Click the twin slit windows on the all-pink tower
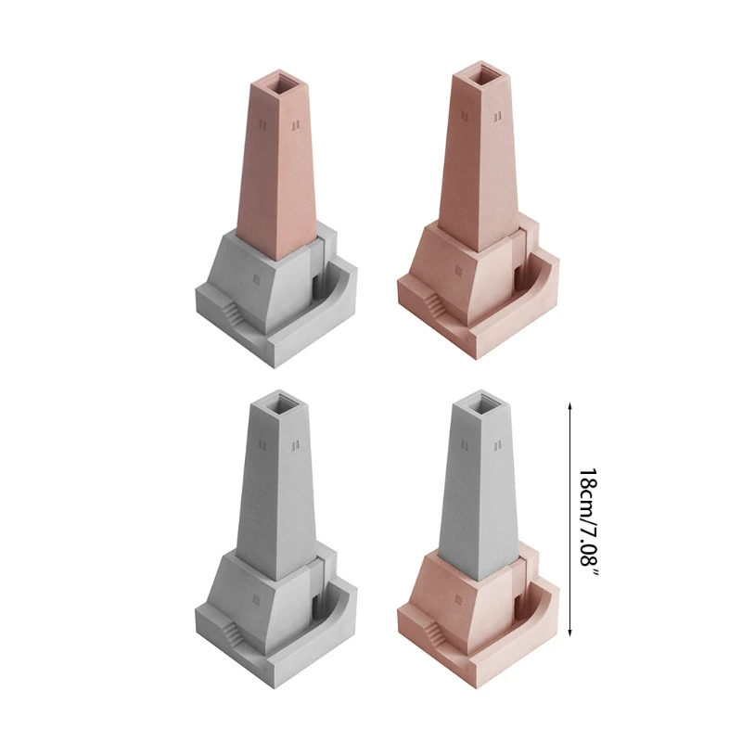[x=497, y=115]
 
